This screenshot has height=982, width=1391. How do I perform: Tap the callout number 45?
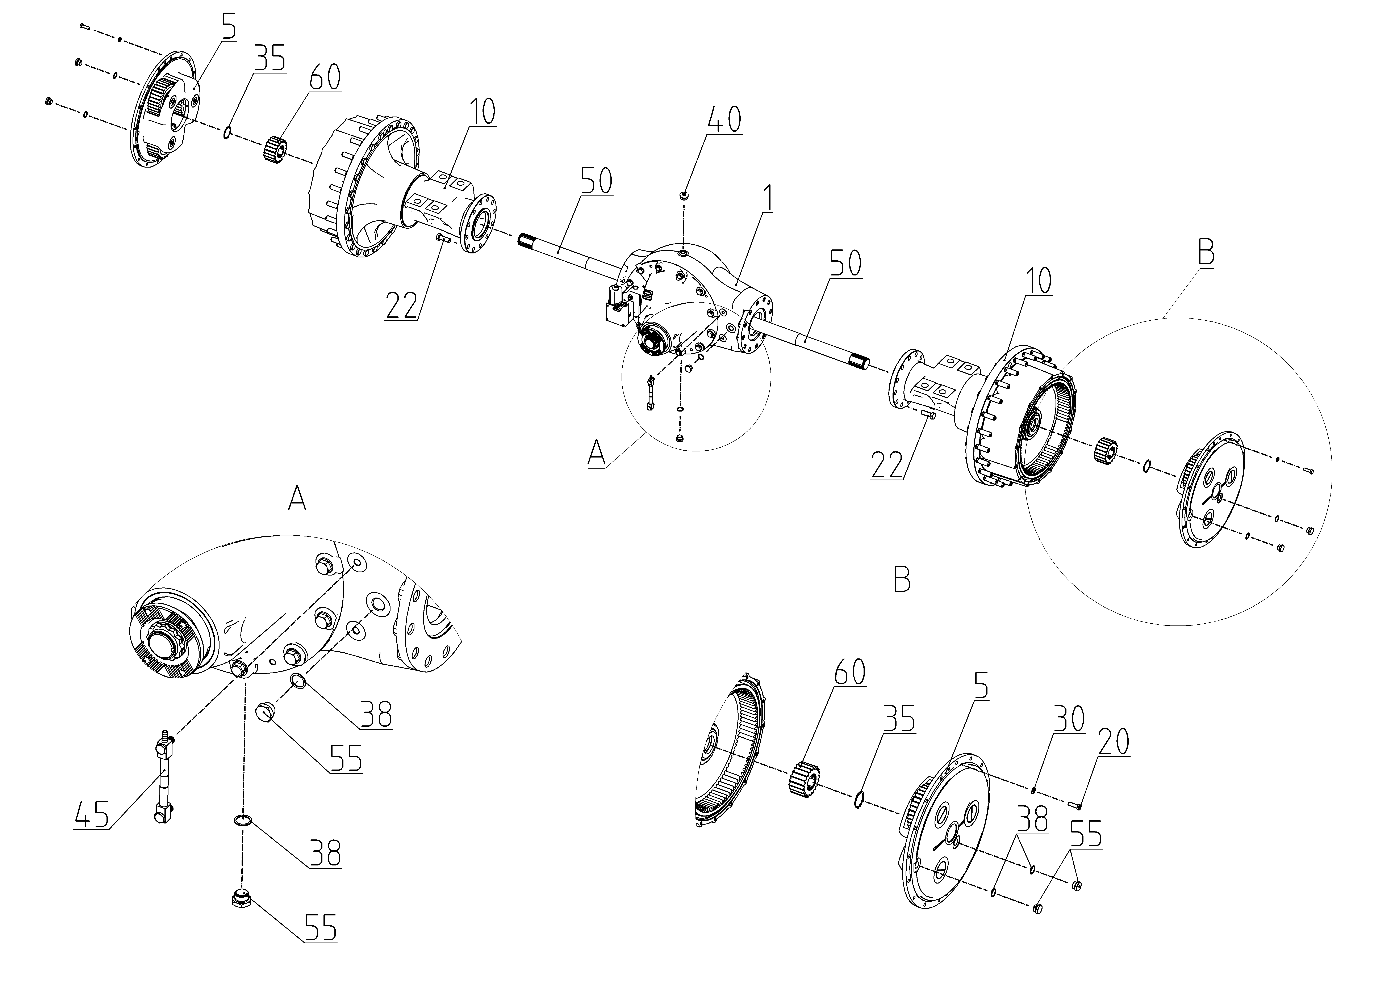[92, 813]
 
